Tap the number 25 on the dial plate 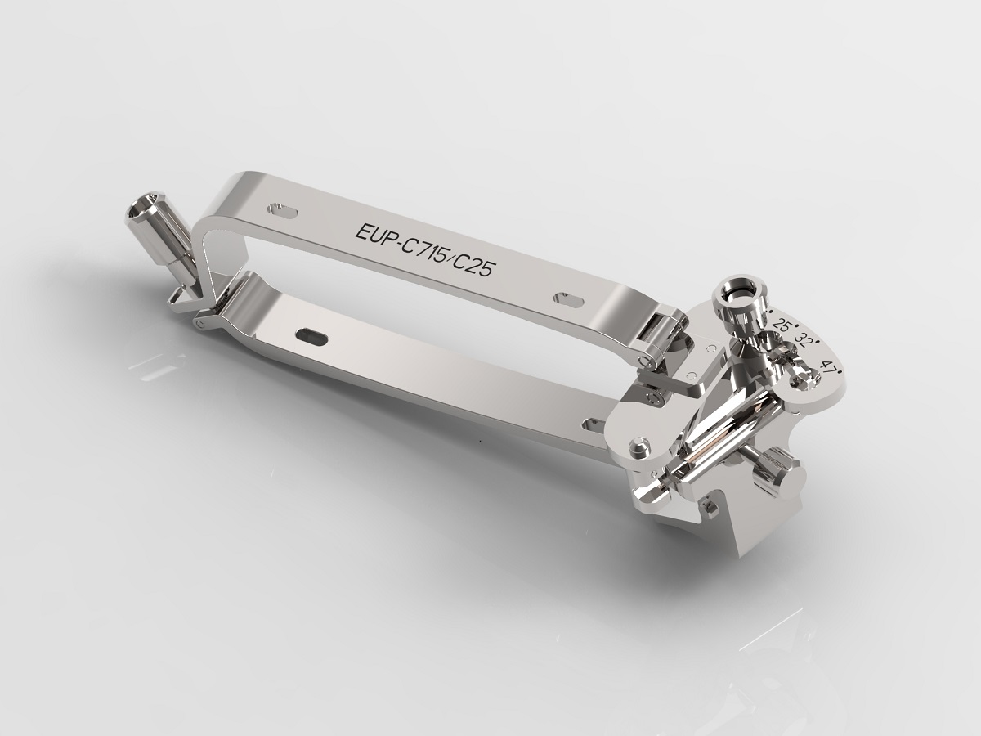coord(780,325)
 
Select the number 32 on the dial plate coord(804,341)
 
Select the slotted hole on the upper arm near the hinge coord(569,299)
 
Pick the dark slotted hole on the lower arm coord(312,334)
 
